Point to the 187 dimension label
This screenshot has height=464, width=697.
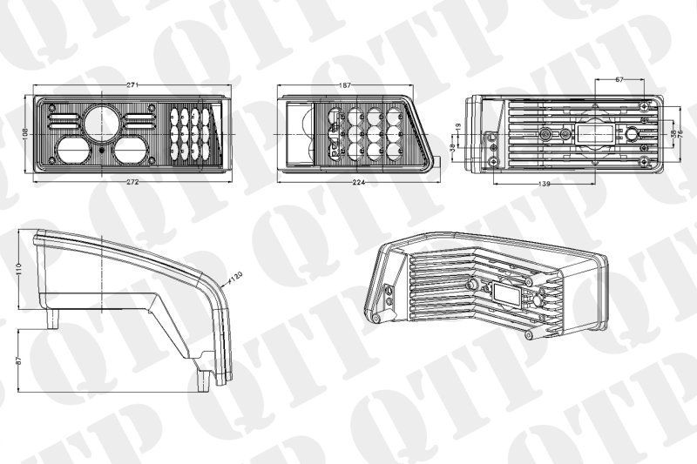click(345, 85)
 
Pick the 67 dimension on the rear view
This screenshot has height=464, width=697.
click(619, 79)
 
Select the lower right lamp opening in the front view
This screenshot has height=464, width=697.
click(130, 149)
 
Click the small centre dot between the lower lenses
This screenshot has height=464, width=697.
click(102, 149)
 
